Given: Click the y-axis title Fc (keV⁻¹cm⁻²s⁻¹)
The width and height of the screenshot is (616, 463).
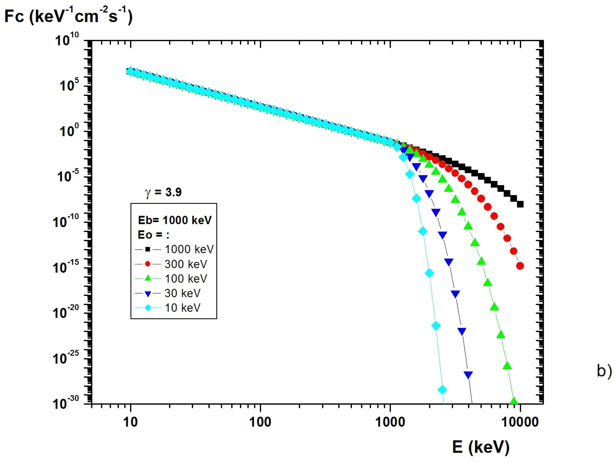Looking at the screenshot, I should click(68, 16).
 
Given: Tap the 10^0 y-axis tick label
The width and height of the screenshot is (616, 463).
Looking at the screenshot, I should click(69, 130).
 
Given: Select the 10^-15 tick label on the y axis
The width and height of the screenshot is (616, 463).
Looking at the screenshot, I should click(66, 267).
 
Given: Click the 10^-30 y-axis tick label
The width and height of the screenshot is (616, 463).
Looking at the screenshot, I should click(66, 403).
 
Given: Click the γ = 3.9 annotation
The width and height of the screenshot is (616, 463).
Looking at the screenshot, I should click(163, 192).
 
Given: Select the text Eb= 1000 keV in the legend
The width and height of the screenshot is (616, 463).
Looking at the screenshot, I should click(175, 220).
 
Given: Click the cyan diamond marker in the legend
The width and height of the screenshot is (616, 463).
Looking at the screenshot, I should click(148, 308).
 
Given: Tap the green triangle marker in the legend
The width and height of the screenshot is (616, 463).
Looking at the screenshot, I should click(148, 278).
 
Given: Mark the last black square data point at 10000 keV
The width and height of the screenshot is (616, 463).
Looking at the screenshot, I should click(520, 204).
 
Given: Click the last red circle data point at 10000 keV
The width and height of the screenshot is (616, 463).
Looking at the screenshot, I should click(520, 266).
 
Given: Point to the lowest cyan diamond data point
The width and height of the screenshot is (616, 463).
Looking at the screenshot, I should click(443, 390).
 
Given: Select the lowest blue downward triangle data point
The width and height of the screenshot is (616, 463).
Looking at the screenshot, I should click(468, 375).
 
